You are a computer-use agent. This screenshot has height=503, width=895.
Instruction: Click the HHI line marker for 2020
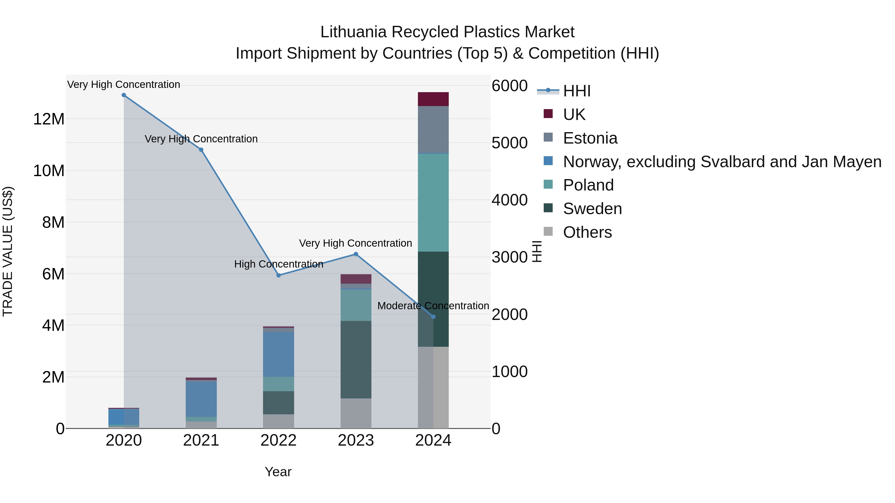[x=124, y=95]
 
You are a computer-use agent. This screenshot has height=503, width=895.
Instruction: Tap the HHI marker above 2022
[x=278, y=275]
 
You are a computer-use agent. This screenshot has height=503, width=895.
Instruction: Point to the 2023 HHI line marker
[x=356, y=254]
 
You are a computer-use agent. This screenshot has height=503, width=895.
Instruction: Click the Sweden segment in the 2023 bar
[x=356, y=360]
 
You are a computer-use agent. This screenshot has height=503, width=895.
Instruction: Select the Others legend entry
[x=587, y=232]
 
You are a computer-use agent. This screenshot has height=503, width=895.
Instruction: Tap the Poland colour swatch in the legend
[x=548, y=185]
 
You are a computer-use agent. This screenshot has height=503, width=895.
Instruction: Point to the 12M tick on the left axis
[x=49, y=119]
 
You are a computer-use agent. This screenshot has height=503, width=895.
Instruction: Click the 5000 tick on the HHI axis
[x=510, y=143]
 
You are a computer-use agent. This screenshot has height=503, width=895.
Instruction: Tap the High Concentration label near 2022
[x=279, y=264]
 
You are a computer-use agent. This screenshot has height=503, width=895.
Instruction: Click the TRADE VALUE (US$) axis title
[x=8, y=251]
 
